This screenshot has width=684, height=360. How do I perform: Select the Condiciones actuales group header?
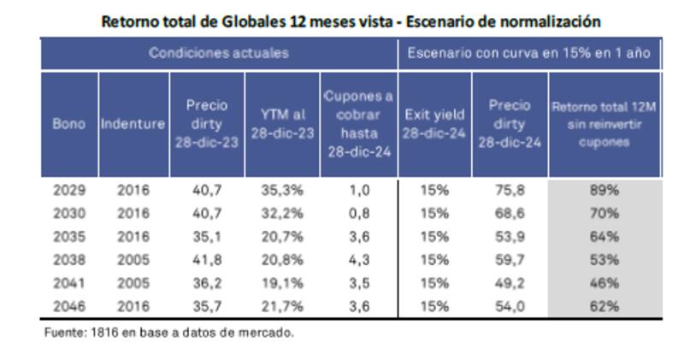click(219, 53)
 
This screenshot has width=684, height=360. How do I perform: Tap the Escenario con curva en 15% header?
click(530, 53)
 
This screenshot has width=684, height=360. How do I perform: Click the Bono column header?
click(69, 123)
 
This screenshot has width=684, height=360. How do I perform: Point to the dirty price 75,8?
click(510, 191)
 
